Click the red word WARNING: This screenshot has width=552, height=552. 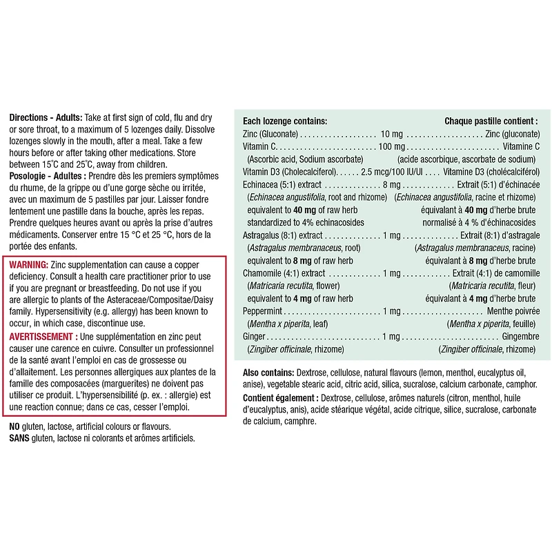28,265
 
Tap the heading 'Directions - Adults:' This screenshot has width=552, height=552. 46,118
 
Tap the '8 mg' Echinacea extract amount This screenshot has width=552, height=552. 391,185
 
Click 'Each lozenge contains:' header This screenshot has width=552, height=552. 285,120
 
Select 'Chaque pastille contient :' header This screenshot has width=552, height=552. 491,120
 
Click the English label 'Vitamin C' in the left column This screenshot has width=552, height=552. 259,146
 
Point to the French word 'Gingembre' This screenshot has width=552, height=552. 520,337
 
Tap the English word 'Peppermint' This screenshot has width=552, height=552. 264,311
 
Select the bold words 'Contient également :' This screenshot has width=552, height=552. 280,397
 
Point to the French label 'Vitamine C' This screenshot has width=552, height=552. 521,146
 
